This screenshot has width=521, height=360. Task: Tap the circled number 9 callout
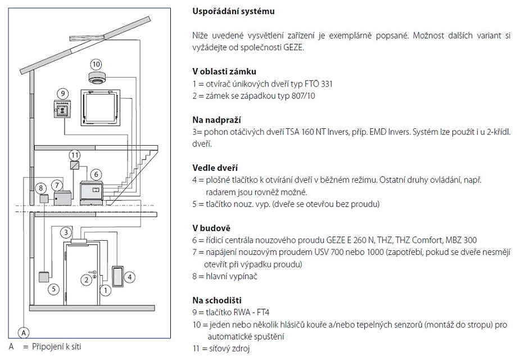coord(62,93)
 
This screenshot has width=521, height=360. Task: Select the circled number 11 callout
coord(75,154)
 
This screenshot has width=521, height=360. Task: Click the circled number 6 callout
coord(96,174)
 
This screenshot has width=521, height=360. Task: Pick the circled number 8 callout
coord(40,188)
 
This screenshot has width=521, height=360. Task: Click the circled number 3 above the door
coord(66,232)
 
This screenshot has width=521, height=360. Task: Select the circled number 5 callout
coord(53,289)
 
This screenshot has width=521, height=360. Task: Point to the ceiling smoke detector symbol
coord(97,77)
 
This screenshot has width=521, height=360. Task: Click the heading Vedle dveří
coord(214,168)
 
